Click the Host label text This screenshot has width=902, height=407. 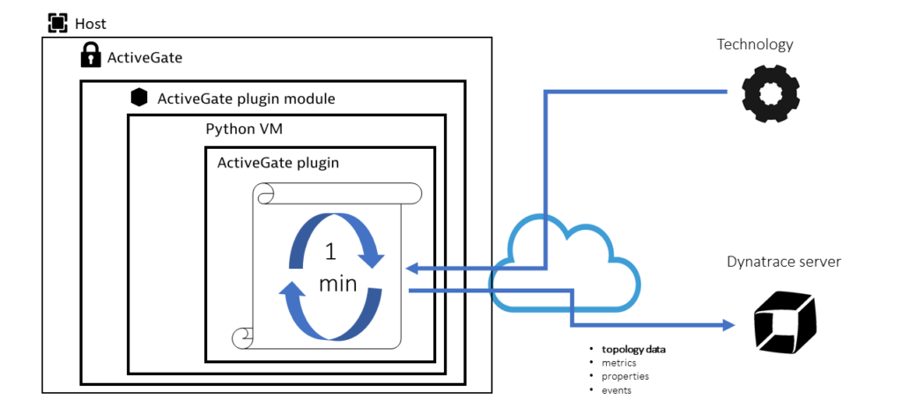point(91,24)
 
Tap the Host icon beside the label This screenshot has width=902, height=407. point(57,24)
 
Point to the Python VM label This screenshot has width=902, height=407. point(243,129)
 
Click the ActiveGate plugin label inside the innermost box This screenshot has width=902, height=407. point(277,162)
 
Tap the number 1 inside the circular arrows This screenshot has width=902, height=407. point(330,252)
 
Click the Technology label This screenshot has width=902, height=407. point(755,44)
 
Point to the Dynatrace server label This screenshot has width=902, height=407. point(783,262)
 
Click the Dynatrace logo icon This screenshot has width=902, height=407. point(785,323)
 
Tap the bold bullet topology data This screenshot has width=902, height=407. point(633,349)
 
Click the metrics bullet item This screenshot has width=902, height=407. point(619,363)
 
